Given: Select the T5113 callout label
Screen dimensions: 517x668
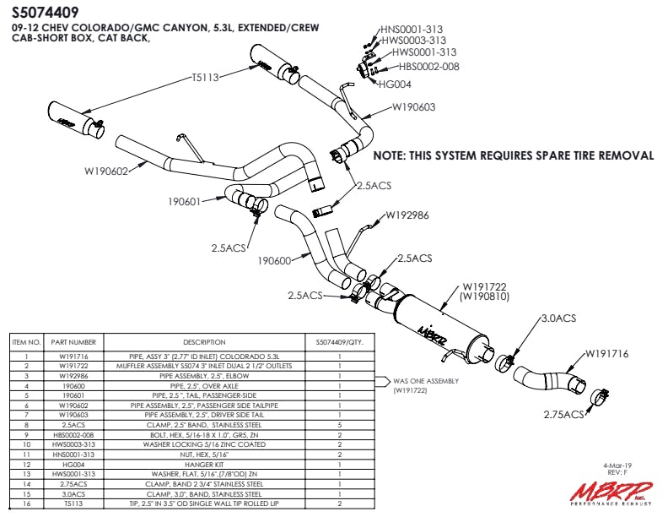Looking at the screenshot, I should pyautogui.click(x=206, y=78).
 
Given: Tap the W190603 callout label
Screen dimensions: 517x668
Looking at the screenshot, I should pyautogui.click(x=413, y=108).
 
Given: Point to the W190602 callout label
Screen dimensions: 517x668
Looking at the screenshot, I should pyautogui.click(x=106, y=171).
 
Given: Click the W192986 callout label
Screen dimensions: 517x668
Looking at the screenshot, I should pyautogui.click(x=407, y=215).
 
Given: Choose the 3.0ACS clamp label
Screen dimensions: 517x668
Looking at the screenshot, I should pyautogui.click(x=558, y=318).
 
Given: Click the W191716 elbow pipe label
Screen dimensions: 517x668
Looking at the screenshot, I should pyautogui.click(x=606, y=353).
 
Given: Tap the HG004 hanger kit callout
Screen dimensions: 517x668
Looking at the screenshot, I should pyautogui.click(x=395, y=84).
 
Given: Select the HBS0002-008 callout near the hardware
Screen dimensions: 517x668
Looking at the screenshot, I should pyautogui.click(x=429, y=67).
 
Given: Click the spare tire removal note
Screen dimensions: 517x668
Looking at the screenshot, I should pyautogui.click(x=513, y=156).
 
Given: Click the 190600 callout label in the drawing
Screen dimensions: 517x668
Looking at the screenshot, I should pyautogui.click(x=276, y=261).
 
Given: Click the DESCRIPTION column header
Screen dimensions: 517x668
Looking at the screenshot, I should pyautogui.click(x=205, y=342).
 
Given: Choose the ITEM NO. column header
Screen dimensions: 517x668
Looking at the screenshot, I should pyautogui.click(x=24, y=342).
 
